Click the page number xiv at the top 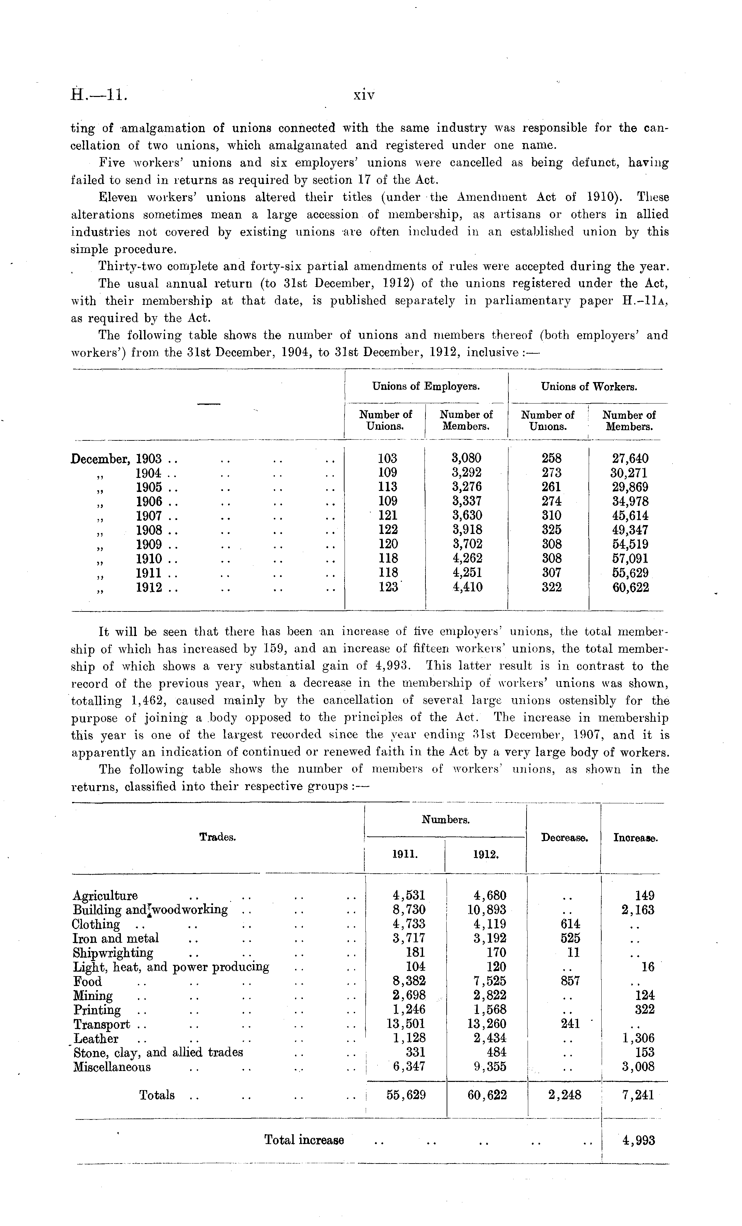[x=364, y=95]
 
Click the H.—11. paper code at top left [x=99, y=95]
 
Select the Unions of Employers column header [x=426, y=386]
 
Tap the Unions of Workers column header [x=589, y=386]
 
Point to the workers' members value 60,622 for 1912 [x=630, y=588]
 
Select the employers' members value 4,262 [x=467, y=558]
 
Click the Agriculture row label [x=105, y=896]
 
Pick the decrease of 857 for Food [x=570, y=981]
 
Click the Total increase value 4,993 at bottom [x=639, y=1140]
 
